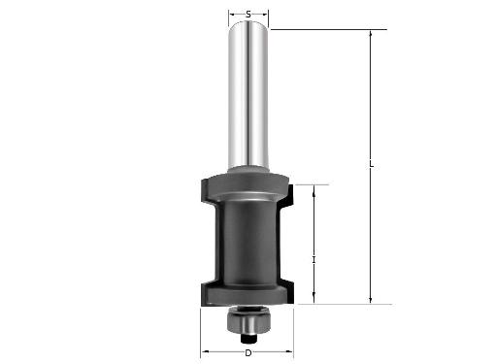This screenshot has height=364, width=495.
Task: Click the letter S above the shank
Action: pyautogui.click(x=248, y=15)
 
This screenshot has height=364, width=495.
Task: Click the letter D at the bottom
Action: pyautogui.click(x=248, y=353)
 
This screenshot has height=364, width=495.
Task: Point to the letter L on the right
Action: pyautogui.click(x=372, y=164)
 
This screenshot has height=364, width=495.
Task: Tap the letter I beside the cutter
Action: pyautogui.click(x=313, y=259)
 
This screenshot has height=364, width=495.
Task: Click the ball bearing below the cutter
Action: pyautogui.click(x=248, y=319)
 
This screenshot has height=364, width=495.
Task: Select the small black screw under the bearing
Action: pyautogui.click(x=248, y=338)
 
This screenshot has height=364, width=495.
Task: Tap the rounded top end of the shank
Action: pyautogui.click(x=248, y=24)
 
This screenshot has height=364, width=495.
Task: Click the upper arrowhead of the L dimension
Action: pyautogui.click(x=371, y=34)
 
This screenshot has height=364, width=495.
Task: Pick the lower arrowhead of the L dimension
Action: pyautogui.click(x=371, y=300)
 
